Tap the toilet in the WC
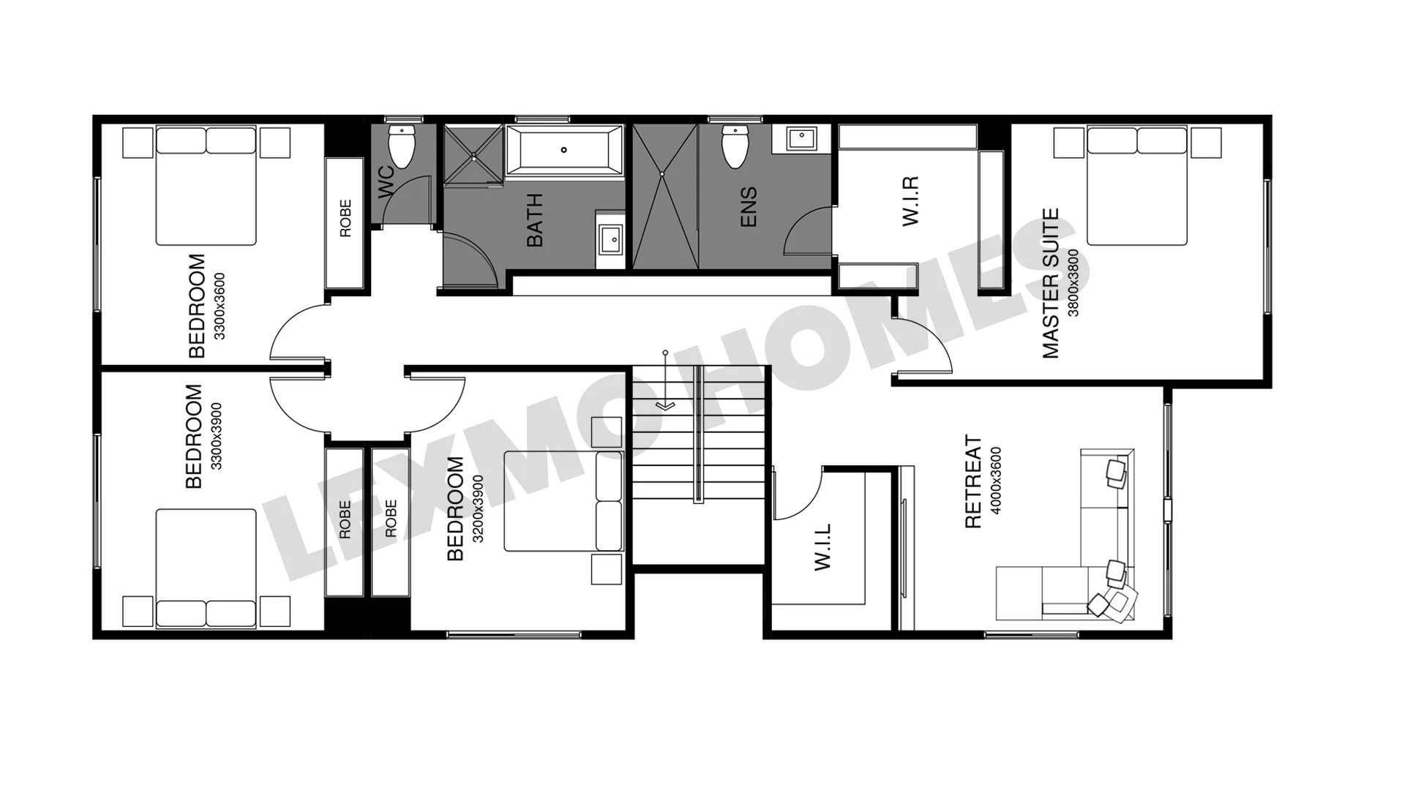pyautogui.click(x=401, y=146)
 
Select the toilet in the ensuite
pyautogui.click(x=734, y=146)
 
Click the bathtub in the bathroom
pyautogui.click(x=564, y=150)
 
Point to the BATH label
pyautogui.click(x=535, y=220)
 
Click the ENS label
pyautogui.click(x=749, y=207)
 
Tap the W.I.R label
pyautogui.click(x=910, y=200)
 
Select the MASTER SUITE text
pyautogui.click(x=1051, y=283)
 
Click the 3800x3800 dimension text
pyautogui.click(x=1074, y=283)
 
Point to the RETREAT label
pyautogui.click(x=973, y=481)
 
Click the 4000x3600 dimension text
pyautogui.click(x=996, y=481)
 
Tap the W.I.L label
pyautogui.click(x=823, y=547)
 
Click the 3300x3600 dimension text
pyautogui.click(x=220, y=306)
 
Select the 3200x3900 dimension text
pyautogui.click(x=478, y=509)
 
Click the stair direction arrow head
pyautogui.click(x=665, y=405)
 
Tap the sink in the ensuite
pyautogui.click(x=802, y=138)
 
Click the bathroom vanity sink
pyautogui.click(x=610, y=238)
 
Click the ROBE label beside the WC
pyautogui.click(x=345, y=218)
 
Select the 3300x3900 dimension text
pyautogui.click(x=216, y=436)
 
